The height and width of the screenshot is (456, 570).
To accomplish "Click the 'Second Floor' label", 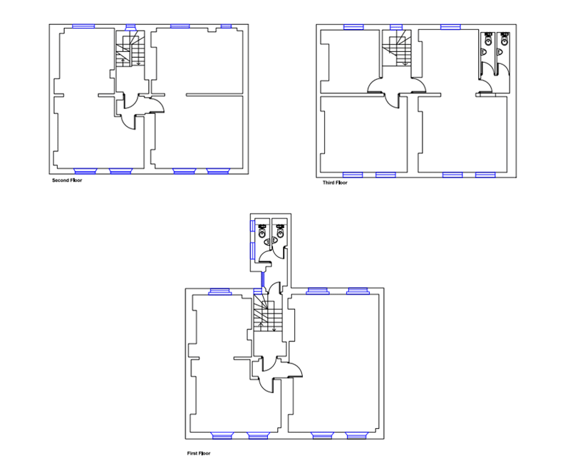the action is tap(67, 180).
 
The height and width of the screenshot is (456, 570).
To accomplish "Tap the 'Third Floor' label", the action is tap(335, 182).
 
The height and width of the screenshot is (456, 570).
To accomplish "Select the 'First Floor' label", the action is tap(199, 453).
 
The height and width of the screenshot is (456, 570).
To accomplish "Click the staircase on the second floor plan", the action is tap(130, 48).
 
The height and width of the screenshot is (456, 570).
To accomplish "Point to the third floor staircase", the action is tap(397, 48).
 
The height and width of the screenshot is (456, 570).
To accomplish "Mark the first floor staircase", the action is tap(268, 313).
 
